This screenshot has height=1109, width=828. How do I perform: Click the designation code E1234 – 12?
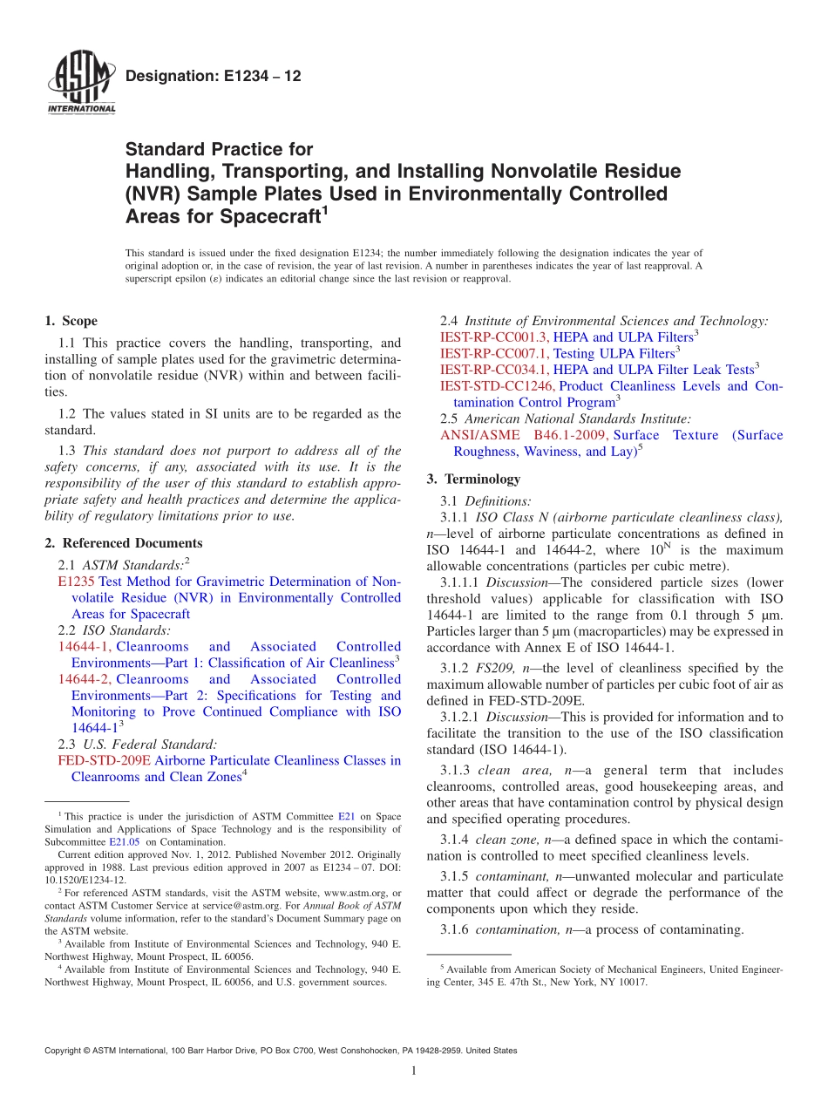[214, 77]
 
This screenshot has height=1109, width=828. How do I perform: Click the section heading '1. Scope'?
[71, 321]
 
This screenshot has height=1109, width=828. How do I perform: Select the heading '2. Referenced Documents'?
[124, 543]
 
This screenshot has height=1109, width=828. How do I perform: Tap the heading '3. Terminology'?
[473, 479]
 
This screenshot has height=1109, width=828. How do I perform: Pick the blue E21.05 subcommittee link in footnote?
[123, 842]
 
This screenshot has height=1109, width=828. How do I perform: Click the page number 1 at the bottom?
[414, 1072]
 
